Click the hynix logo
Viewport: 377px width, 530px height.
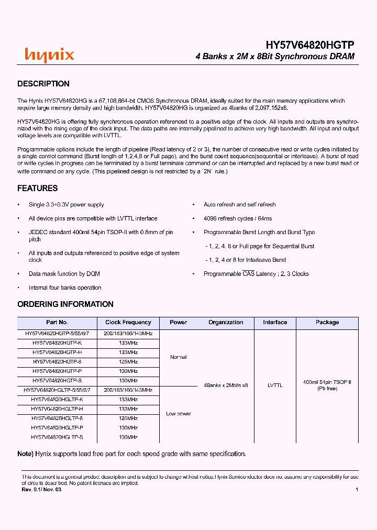(x=50, y=55)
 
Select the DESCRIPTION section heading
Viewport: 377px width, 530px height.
(x=43, y=84)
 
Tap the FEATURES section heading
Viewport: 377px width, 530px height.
(x=38, y=188)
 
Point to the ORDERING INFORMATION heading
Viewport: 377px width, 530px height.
(x=65, y=304)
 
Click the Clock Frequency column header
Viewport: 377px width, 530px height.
(x=128, y=323)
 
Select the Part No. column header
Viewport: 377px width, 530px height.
(x=57, y=323)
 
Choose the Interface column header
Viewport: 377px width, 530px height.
(x=275, y=323)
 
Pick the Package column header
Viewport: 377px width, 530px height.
(x=327, y=323)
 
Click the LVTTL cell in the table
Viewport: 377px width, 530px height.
(x=275, y=385)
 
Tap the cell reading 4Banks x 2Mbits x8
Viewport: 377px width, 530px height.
(x=226, y=385)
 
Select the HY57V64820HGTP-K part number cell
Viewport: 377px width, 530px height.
(x=57, y=343)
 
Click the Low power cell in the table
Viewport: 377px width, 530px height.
(x=179, y=414)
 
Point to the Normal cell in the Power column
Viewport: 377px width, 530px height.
(x=179, y=357)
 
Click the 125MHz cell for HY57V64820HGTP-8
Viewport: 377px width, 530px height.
(x=128, y=361)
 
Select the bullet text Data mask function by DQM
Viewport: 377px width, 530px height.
(x=64, y=274)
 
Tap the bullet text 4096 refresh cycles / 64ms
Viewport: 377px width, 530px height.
(x=238, y=218)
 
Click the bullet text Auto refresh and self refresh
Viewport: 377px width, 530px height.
(x=239, y=205)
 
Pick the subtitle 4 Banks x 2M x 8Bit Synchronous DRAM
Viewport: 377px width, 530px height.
(x=275, y=57)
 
